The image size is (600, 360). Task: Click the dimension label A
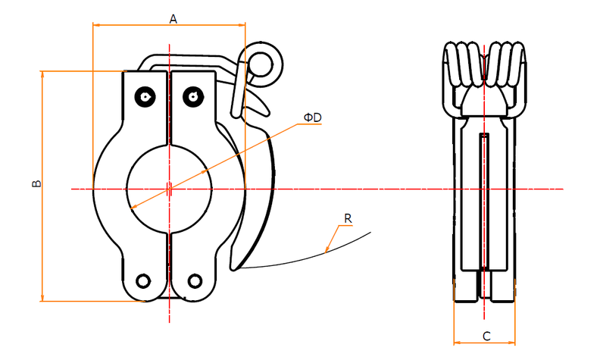tap(173, 19)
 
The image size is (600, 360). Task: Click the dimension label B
tap(34, 185)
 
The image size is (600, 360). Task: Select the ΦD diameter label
tap(311, 117)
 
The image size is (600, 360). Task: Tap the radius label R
tap(347, 218)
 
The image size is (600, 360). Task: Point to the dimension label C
tap(486, 336)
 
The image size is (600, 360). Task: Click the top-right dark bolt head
tap(194, 95)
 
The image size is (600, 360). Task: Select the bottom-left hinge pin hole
tap(144, 280)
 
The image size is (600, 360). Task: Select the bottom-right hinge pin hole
tap(195, 280)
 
